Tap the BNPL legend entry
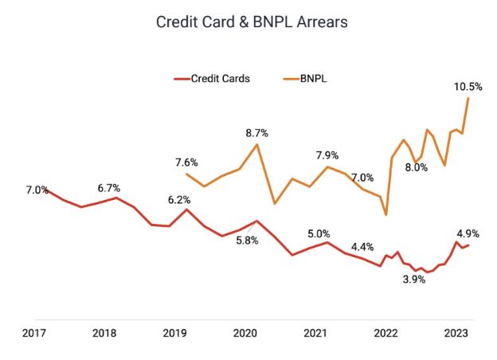310,79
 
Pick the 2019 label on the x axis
174,334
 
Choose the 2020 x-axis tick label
245,334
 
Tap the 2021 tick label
315,334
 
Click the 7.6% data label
187,162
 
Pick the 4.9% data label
468,233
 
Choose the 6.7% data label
108,189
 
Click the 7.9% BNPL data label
327,155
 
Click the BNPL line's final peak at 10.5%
468,98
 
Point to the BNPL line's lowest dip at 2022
385,215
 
